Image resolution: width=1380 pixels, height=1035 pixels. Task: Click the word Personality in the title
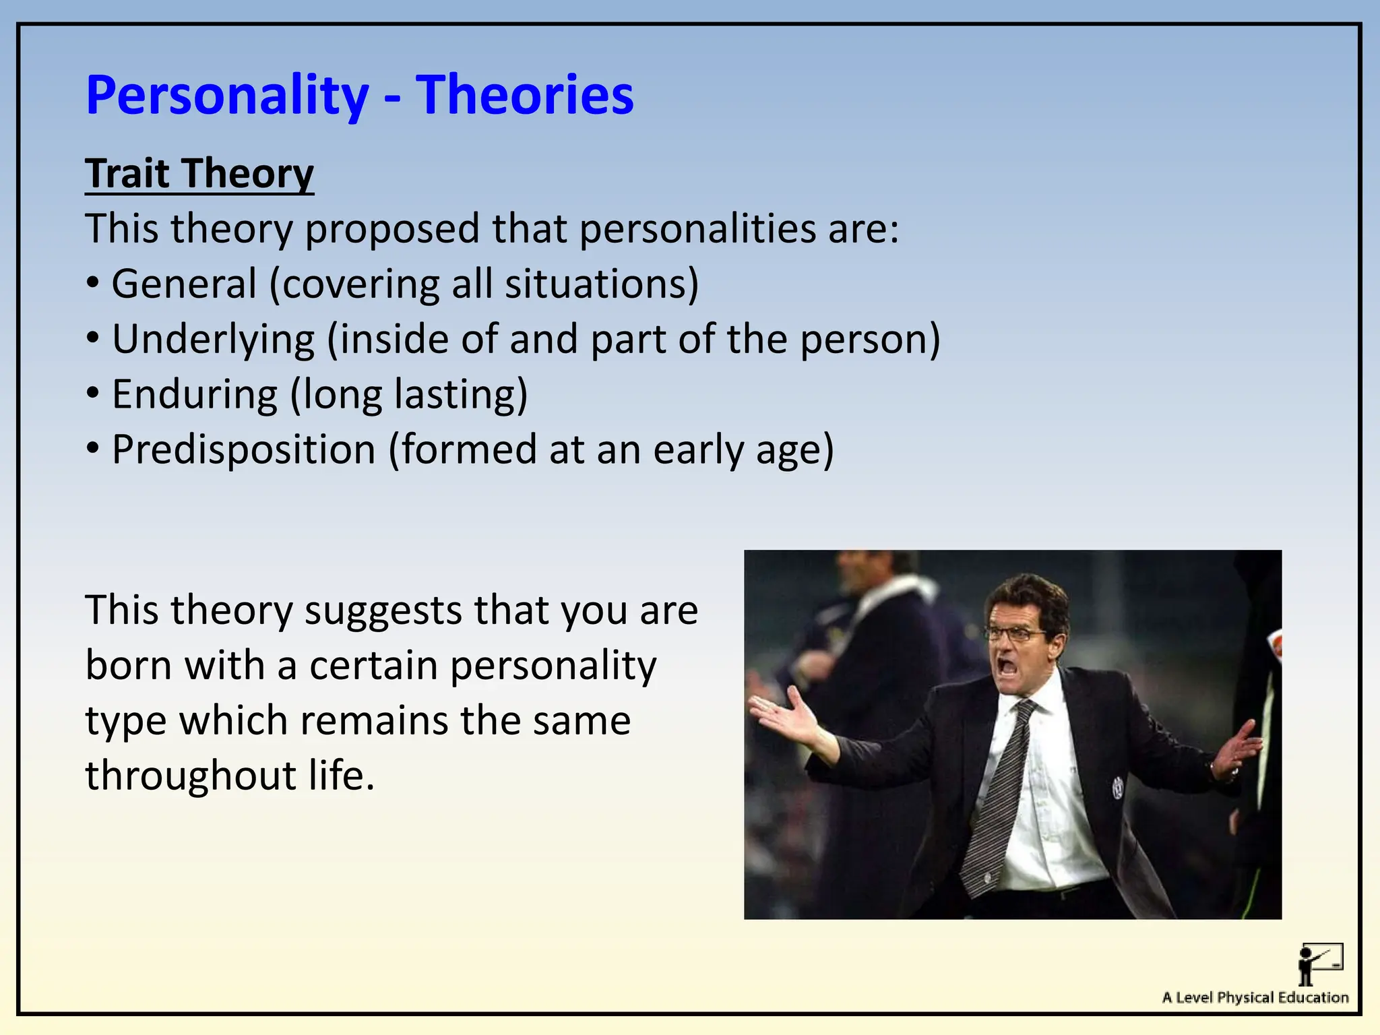click(x=227, y=96)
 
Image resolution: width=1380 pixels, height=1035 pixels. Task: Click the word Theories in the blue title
click(x=524, y=95)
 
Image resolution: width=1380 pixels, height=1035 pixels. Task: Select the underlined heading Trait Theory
click(x=199, y=174)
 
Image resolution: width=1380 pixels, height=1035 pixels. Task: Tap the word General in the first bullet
click(x=184, y=284)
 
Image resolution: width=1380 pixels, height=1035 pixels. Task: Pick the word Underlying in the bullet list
click(x=213, y=339)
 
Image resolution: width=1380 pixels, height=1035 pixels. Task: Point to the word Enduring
click(x=194, y=394)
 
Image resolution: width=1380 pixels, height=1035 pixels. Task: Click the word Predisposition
click(x=243, y=449)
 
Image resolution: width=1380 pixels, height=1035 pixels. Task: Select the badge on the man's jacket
click(x=1117, y=786)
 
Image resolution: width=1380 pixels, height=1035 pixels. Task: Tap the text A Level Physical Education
click(x=1255, y=998)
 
